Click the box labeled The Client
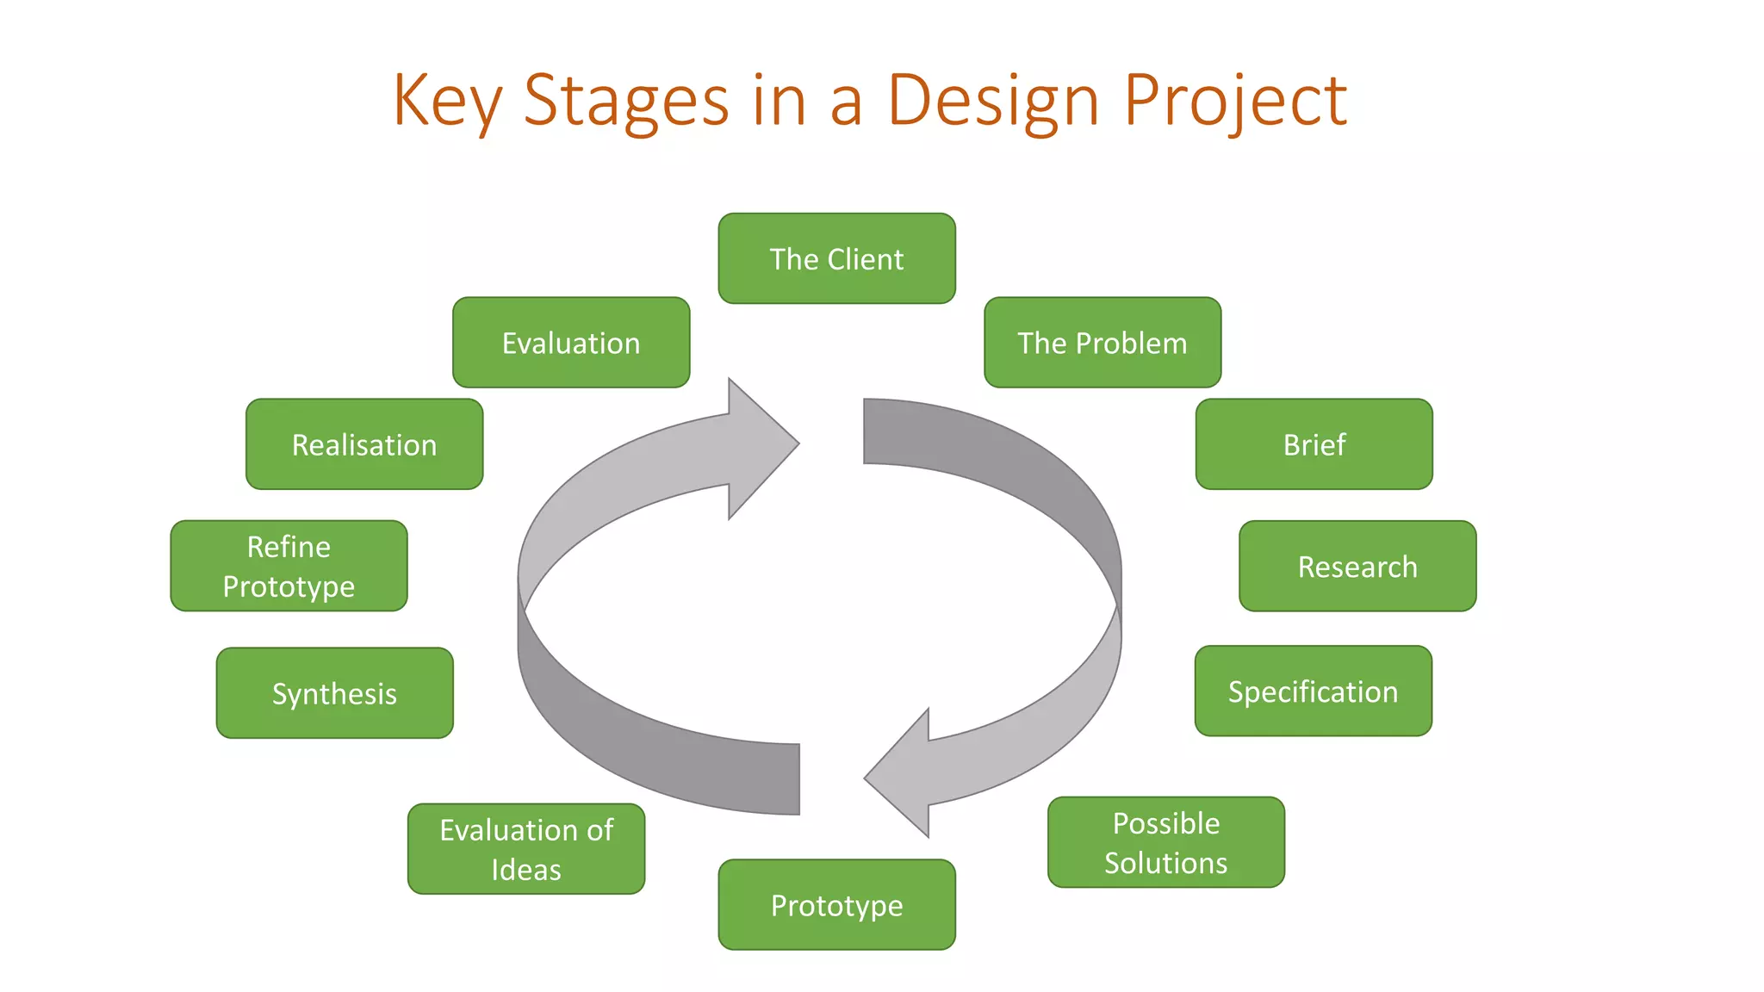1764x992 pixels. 836,258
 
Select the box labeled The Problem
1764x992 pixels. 1102,343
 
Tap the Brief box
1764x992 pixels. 1314,444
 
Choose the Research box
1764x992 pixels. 1357,567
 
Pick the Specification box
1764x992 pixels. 1313,691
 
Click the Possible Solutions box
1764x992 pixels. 1165,842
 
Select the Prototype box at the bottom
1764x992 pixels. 836,905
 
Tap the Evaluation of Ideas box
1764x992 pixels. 525,849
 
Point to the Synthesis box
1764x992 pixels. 334,693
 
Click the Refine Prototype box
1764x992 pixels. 289,566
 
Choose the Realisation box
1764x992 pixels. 363,444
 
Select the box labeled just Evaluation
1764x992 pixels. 570,343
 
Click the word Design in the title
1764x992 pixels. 992,101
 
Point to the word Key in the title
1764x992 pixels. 446,101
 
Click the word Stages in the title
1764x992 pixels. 626,101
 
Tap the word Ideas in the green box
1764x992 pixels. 525,870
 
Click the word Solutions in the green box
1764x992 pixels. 1165,863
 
